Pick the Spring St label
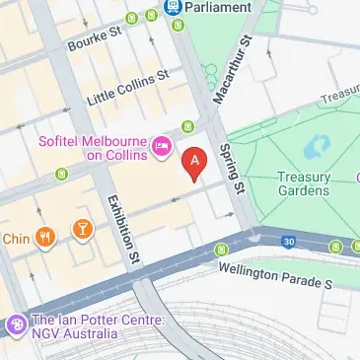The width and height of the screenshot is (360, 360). coord(233,167)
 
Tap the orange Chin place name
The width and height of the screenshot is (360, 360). coord(17,238)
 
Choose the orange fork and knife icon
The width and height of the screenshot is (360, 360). coord(44,237)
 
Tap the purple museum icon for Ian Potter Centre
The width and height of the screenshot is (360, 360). coord(16,324)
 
